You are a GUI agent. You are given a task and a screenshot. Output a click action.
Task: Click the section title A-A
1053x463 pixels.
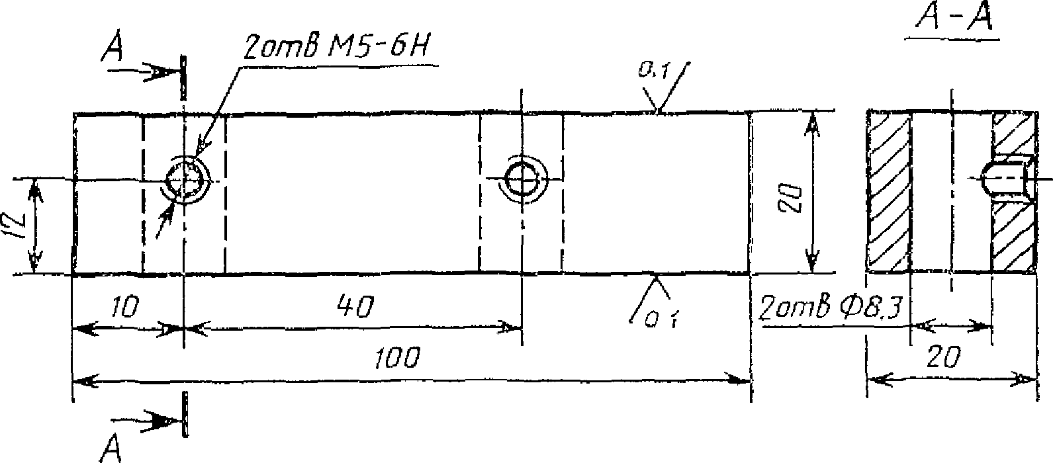click(953, 19)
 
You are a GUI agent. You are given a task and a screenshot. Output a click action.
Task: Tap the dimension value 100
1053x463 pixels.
click(397, 358)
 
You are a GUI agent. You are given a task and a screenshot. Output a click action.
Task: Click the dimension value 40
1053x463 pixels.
click(355, 306)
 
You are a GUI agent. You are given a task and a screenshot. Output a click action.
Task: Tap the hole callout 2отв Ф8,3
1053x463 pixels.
click(830, 308)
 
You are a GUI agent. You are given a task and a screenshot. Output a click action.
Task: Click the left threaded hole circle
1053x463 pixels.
click(186, 179)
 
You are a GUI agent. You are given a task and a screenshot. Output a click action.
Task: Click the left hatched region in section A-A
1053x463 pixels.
click(888, 192)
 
